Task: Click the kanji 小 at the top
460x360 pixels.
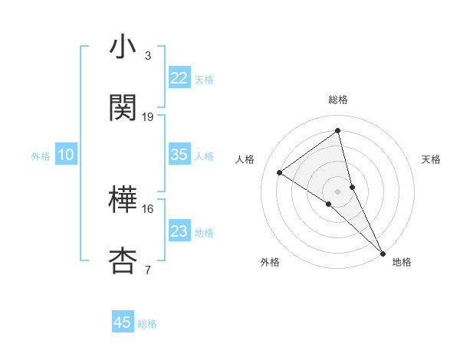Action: tap(123, 47)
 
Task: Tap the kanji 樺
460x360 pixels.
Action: tap(123, 201)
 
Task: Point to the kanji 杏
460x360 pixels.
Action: tap(123, 260)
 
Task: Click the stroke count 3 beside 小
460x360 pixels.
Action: tap(148, 56)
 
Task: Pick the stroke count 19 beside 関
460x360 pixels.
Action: tap(148, 116)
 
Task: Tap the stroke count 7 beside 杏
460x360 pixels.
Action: tap(148, 270)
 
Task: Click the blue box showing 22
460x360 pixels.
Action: tap(179, 78)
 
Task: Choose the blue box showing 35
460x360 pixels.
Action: tap(179, 155)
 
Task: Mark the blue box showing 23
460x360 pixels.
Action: tap(179, 231)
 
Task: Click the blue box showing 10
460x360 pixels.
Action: tap(66, 155)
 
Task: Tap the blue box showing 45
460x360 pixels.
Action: tap(123, 322)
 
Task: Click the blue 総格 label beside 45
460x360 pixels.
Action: tap(147, 324)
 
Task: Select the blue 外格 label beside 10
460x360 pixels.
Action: tap(41, 155)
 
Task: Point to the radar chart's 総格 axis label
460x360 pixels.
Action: tap(338, 100)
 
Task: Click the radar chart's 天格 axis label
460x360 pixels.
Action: tap(432, 159)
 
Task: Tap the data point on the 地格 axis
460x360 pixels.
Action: tap(383, 252)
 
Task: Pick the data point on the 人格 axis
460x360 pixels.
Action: tap(280, 172)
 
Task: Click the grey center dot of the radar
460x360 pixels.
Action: tap(338, 191)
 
